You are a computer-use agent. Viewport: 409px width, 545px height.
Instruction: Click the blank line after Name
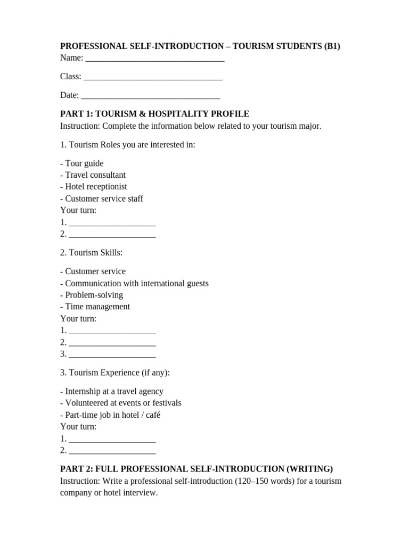(154, 60)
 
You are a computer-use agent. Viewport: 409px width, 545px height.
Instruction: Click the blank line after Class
(153, 78)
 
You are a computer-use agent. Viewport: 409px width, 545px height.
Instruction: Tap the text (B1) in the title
(332, 46)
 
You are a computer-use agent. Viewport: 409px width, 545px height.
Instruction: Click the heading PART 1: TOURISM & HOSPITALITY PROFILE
(154, 114)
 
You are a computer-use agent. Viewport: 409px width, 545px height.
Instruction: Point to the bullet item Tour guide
(82, 163)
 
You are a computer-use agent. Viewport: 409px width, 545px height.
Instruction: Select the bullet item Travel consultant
(93, 175)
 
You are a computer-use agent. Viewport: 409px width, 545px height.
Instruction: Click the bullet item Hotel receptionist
(94, 187)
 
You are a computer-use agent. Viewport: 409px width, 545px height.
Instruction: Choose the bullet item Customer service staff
(102, 199)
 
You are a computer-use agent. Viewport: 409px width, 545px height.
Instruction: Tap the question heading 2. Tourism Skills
(92, 252)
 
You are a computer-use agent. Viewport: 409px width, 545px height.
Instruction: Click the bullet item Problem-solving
(92, 295)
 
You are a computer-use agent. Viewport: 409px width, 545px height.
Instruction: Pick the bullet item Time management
(95, 307)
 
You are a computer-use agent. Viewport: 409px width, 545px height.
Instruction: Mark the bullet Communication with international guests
(134, 283)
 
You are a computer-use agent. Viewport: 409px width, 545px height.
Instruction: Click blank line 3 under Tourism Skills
(112, 355)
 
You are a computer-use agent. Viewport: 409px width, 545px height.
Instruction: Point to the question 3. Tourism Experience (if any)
(115, 373)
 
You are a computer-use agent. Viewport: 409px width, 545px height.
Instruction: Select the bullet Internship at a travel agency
(112, 391)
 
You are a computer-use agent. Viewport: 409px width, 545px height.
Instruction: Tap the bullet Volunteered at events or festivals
(121, 403)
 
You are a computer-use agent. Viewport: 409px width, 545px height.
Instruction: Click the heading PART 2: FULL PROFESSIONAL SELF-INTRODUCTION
(197, 469)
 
